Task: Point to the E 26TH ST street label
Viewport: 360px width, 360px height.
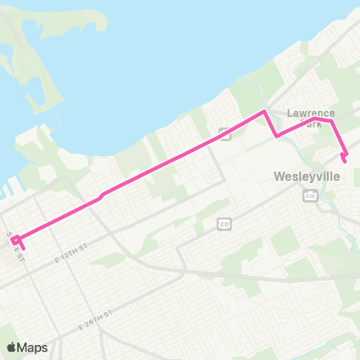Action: coord(94,317)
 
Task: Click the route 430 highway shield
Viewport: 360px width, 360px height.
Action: coord(309,195)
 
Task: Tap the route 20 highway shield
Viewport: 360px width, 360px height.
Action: coord(223,223)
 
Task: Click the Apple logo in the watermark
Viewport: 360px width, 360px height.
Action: coord(13,347)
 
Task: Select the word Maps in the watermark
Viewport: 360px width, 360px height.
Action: coord(34,347)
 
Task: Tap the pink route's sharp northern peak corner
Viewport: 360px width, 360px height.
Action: coord(264,112)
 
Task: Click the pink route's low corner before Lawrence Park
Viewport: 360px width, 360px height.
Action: coord(277,136)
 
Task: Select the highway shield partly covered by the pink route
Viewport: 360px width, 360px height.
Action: coord(223,133)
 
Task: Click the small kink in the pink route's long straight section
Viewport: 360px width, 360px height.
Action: coord(102,195)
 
